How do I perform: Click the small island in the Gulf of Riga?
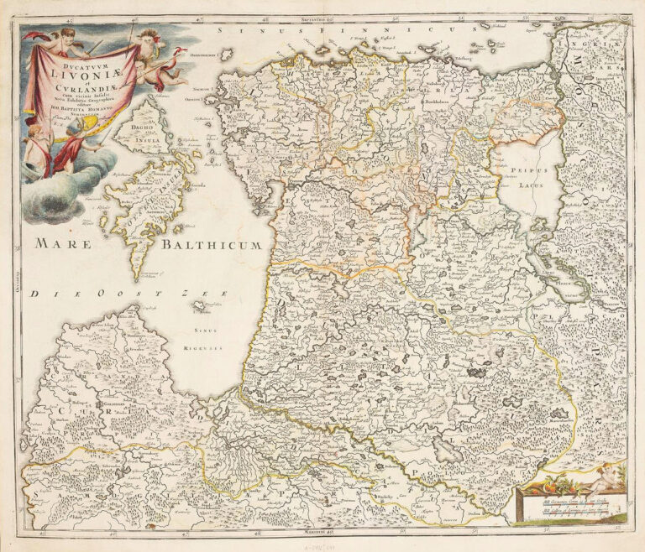pos(177,309)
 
